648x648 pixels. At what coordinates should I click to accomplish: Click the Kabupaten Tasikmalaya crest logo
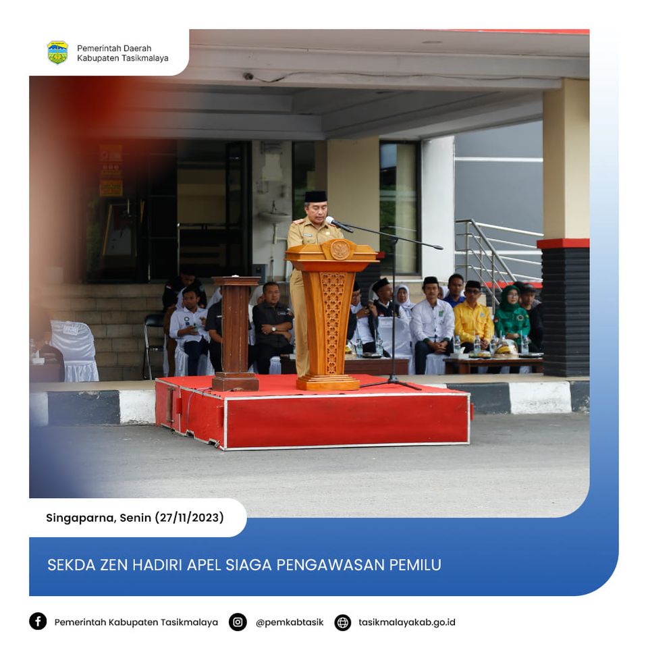(x=57, y=53)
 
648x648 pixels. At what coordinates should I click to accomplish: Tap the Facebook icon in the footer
(x=38, y=621)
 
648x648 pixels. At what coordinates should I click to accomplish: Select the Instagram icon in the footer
(x=238, y=622)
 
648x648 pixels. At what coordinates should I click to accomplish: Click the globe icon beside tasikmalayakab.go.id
(x=343, y=622)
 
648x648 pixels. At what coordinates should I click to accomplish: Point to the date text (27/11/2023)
(x=189, y=518)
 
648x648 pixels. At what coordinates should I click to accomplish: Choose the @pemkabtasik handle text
(x=290, y=622)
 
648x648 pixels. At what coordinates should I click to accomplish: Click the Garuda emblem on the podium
(x=340, y=250)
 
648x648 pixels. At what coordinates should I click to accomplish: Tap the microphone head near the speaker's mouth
(x=331, y=220)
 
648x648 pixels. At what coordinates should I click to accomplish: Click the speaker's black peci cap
(x=316, y=196)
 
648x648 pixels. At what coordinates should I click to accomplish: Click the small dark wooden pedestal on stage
(x=235, y=333)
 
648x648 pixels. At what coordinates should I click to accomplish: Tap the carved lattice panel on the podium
(x=332, y=323)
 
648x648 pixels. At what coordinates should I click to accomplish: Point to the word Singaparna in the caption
(x=80, y=518)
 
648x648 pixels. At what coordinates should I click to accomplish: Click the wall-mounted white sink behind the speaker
(x=274, y=216)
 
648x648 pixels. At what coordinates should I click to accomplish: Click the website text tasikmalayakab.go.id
(x=406, y=622)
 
